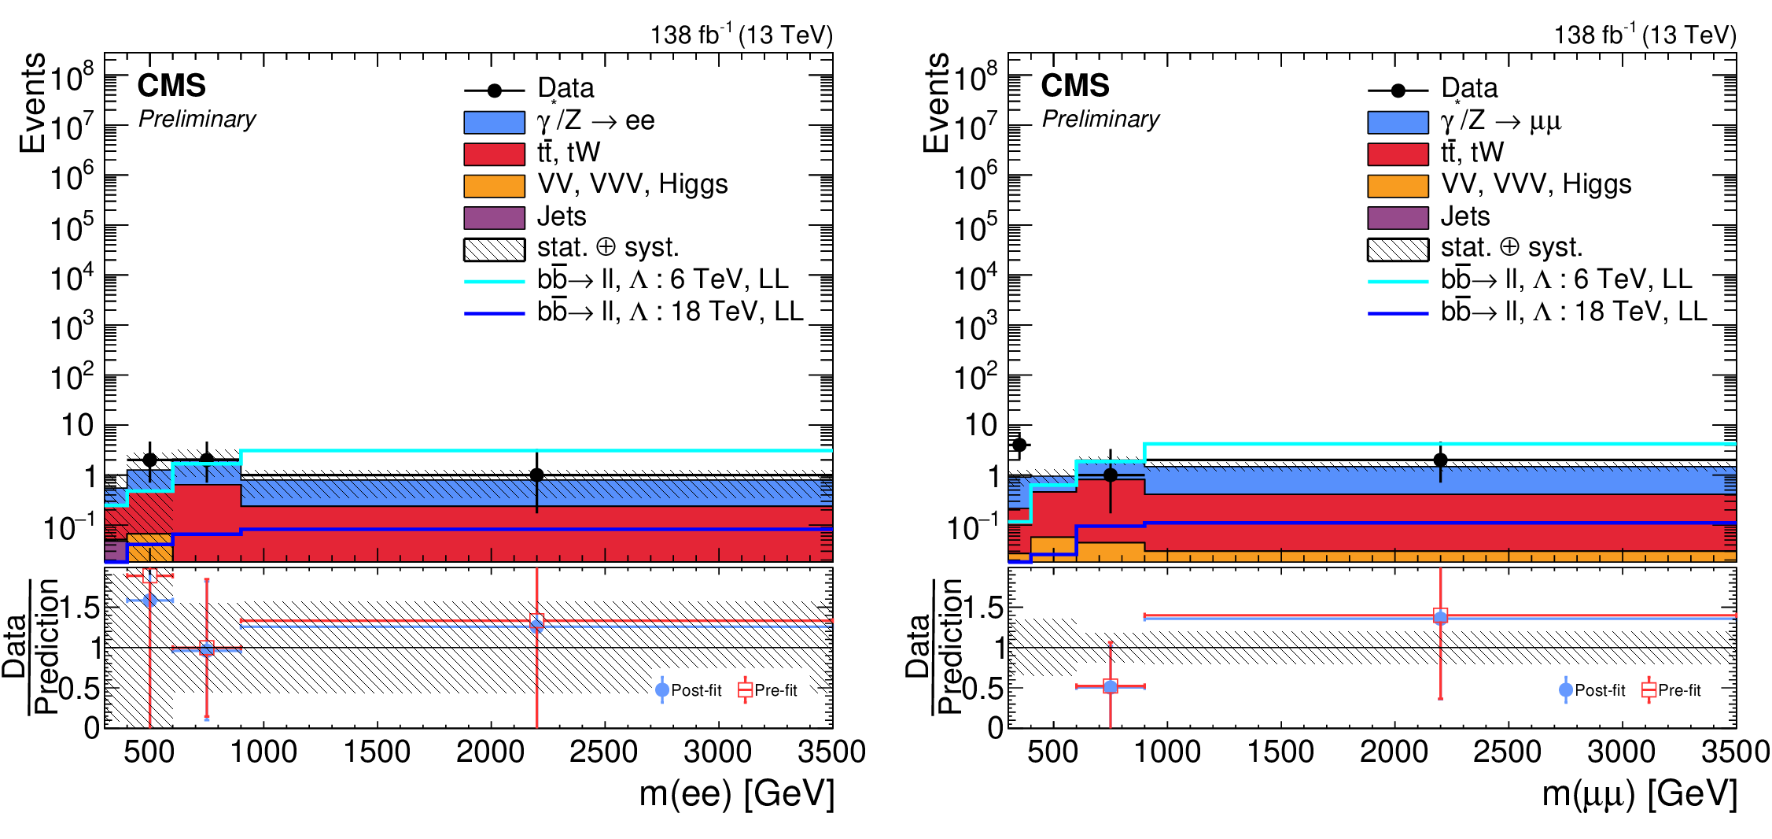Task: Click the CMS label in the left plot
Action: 171,86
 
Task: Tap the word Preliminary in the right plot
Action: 1100,119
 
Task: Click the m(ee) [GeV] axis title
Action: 736,793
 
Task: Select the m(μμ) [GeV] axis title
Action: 1639,793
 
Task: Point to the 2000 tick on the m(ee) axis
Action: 490,752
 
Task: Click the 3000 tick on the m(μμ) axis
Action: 1621,752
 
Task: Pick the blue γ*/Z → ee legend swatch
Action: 494,123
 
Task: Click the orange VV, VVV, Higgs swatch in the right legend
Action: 1398,186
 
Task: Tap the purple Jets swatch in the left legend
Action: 494,217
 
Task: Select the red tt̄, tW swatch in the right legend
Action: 1398,154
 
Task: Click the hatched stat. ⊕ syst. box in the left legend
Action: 494,249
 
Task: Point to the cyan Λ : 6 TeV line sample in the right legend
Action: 1398,281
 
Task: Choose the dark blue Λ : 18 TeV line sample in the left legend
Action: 494,313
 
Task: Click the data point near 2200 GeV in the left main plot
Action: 536,475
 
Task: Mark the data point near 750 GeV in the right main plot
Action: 1110,475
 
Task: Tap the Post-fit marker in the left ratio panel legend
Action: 662,690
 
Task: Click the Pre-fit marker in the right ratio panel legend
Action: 1649,690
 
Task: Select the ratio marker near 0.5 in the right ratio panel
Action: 1110,686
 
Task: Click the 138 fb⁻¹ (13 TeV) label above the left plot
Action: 741,35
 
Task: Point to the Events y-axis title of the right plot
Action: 936,102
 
